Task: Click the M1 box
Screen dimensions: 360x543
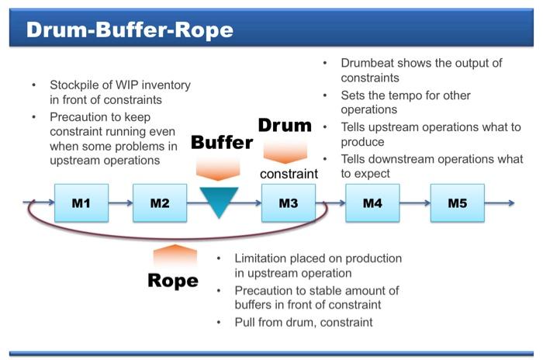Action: (x=81, y=203)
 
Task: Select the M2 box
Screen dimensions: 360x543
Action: (x=160, y=203)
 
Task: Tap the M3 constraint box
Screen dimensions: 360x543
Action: (x=289, y=203)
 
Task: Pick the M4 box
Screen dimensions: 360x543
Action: (x=373, y=203)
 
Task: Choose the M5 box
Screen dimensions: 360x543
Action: (x=457, y=203)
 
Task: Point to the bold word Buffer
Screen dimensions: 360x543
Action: (x=222, y=142)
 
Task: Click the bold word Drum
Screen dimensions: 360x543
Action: (x=284, y=125)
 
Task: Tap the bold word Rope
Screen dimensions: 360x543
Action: (x=172, y=280)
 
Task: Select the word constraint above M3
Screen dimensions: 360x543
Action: (x=289, y=173)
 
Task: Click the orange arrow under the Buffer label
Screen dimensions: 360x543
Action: (x=219, y=168)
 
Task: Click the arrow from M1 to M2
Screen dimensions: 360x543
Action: (x=120, y=203)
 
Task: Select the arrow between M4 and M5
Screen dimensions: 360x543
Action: (x=415, y=203)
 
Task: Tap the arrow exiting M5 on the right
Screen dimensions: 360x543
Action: (x=500, y=203)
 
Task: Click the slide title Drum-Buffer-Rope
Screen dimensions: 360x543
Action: (x=130, y=30)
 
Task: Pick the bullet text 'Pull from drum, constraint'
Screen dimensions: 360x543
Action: (x=303, y=322)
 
